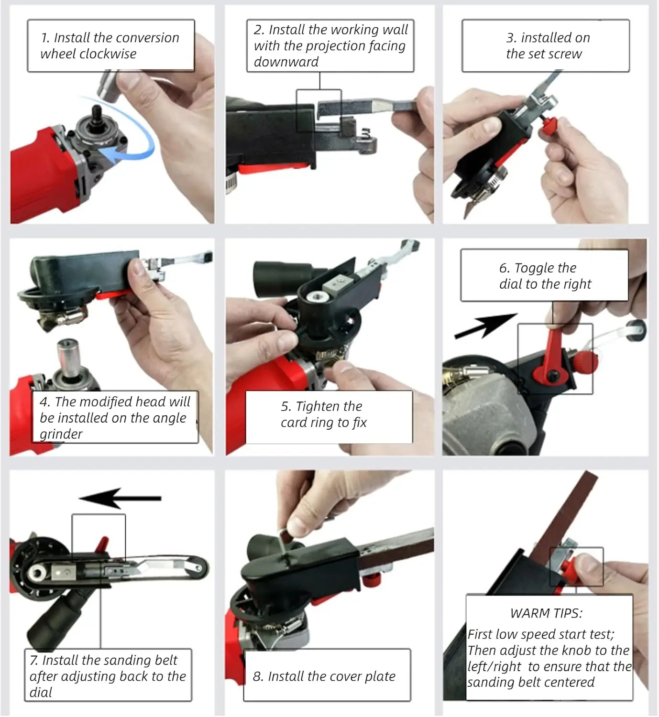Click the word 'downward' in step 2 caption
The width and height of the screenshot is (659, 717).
(286, 62)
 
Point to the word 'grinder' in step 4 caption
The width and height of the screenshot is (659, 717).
(61, 434)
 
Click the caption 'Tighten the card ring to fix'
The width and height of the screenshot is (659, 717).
(324, 414)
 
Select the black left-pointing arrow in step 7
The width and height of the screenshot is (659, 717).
(120, 498)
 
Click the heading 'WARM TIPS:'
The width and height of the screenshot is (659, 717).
(546, 613)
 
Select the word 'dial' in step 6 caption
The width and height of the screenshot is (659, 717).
(510, 284)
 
